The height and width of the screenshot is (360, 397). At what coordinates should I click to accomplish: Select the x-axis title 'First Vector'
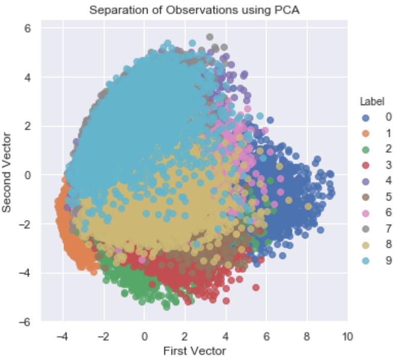pos(194,351)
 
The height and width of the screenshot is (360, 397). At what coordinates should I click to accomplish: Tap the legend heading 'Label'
pos(372,102)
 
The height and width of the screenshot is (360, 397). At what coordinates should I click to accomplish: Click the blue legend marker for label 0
pos(366,117)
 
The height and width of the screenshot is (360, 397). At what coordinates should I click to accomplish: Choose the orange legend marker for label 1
pos(366,133)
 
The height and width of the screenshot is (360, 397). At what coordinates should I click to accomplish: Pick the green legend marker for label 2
pos(366,149)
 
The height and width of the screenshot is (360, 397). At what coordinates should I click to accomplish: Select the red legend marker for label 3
pos(366,165)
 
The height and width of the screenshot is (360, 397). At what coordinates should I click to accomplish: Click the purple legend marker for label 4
pos(366,181)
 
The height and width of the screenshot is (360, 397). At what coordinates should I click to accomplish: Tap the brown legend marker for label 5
pos(366,197)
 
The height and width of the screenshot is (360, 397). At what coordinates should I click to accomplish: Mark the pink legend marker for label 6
pos(366,213)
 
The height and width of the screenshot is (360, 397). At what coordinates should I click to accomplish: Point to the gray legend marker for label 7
pos(366,229)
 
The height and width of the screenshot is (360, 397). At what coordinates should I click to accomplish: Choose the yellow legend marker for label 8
pos(366,245)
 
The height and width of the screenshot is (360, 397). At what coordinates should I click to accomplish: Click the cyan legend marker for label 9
pos(366,261)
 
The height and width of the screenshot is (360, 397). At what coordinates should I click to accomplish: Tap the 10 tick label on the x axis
pos(347,337)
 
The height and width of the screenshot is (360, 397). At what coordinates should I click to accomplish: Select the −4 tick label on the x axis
pos(61,337)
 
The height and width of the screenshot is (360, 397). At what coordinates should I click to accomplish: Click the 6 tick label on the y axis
pos(28,28)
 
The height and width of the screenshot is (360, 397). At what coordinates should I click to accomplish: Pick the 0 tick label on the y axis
pos(28,175)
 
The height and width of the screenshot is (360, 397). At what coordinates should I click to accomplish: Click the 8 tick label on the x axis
pos(307,337)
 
